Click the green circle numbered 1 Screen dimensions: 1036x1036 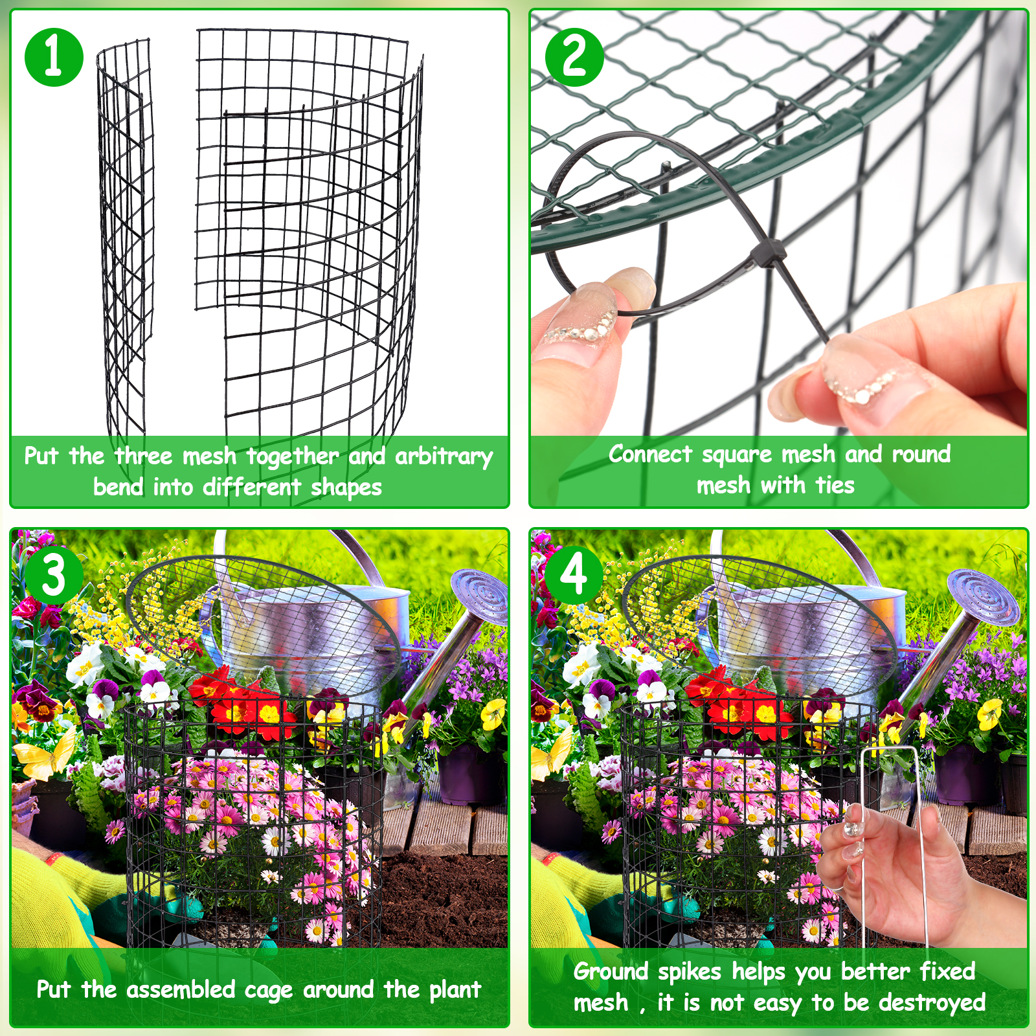pos(54,57)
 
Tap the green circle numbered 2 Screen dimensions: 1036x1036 pos(574,57)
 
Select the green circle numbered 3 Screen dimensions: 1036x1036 pos(54,575)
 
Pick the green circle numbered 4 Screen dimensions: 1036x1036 pos(574,575)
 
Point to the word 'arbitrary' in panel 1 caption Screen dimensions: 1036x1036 pos(444,457)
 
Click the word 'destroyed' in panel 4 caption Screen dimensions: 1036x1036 pos(932,1003)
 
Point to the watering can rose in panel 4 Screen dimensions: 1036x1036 pos(985,596)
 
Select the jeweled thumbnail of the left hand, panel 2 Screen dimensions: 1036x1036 pos(580,324)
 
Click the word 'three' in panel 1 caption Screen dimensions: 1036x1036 pos(144,456)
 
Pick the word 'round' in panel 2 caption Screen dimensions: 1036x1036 pos(921,455)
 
